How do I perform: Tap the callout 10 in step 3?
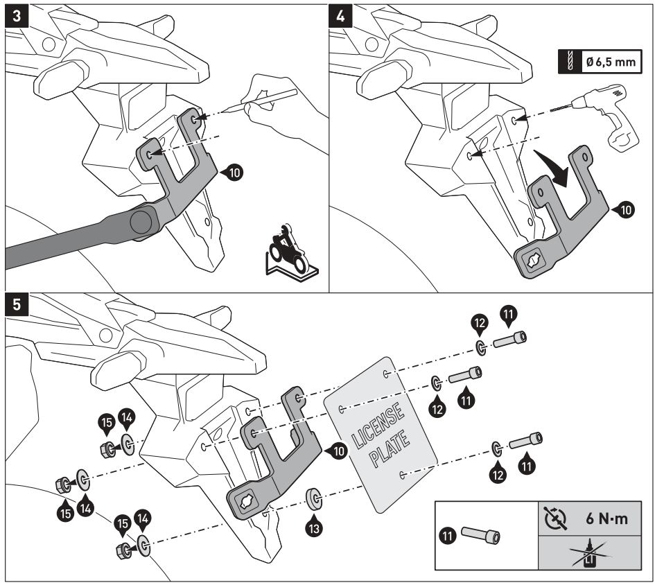(235, 173)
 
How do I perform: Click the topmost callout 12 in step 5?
(480, 324)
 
